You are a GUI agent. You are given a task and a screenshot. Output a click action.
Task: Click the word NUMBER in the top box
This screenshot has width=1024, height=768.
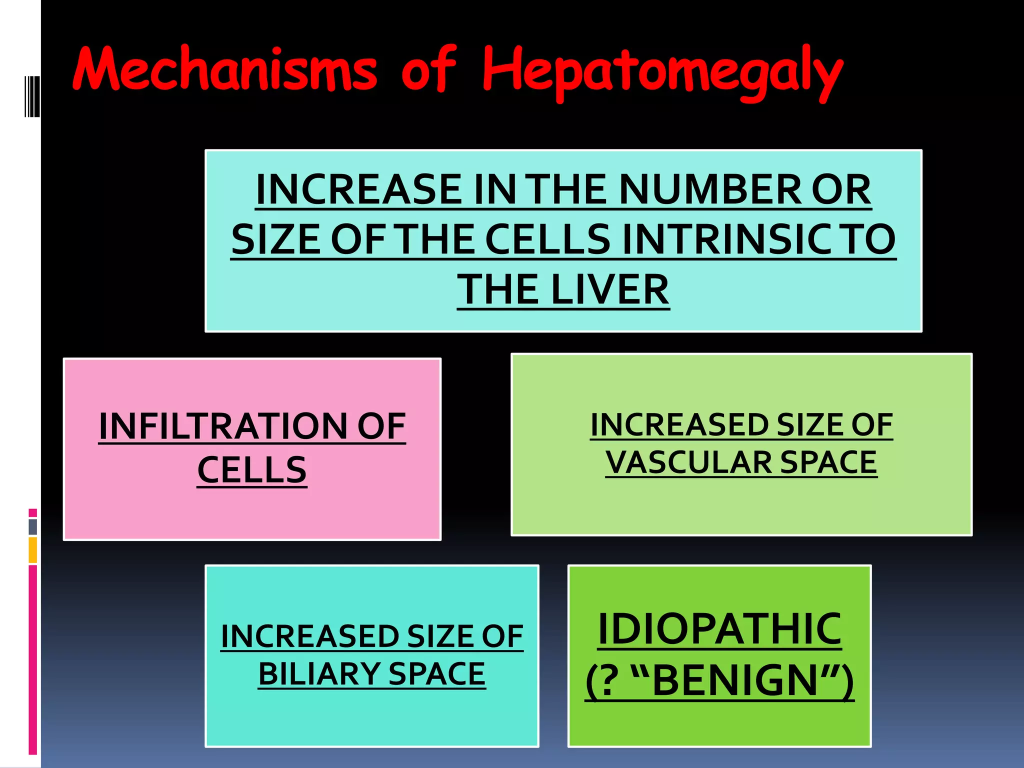coord(709,189)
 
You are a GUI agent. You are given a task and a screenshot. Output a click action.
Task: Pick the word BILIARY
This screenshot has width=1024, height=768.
coord(318,673)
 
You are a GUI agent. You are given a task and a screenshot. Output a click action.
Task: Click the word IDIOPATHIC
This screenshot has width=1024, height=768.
coord(719,629)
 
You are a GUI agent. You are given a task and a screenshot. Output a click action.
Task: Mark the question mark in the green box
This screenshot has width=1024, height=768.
coord(608,680)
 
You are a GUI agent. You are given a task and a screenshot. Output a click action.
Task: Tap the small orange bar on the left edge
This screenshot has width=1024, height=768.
coord(33,549)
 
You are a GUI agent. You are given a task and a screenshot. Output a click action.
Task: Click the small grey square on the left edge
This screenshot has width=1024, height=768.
coord(33,526)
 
